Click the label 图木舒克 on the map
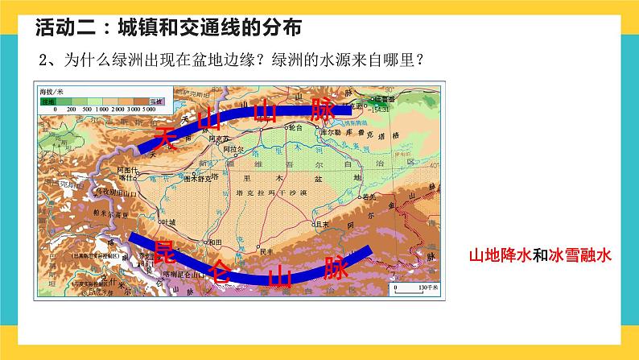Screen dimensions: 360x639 pyautogui.click(x=199, y=177)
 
